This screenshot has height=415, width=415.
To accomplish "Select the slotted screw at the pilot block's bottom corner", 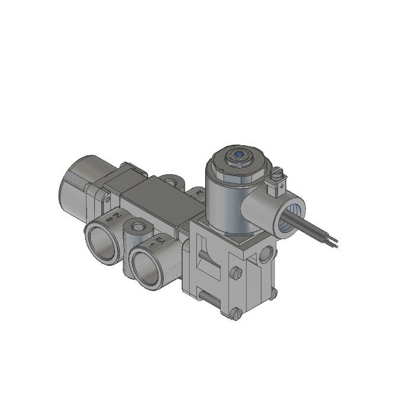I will pyautogui.click(x=237, y=314).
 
